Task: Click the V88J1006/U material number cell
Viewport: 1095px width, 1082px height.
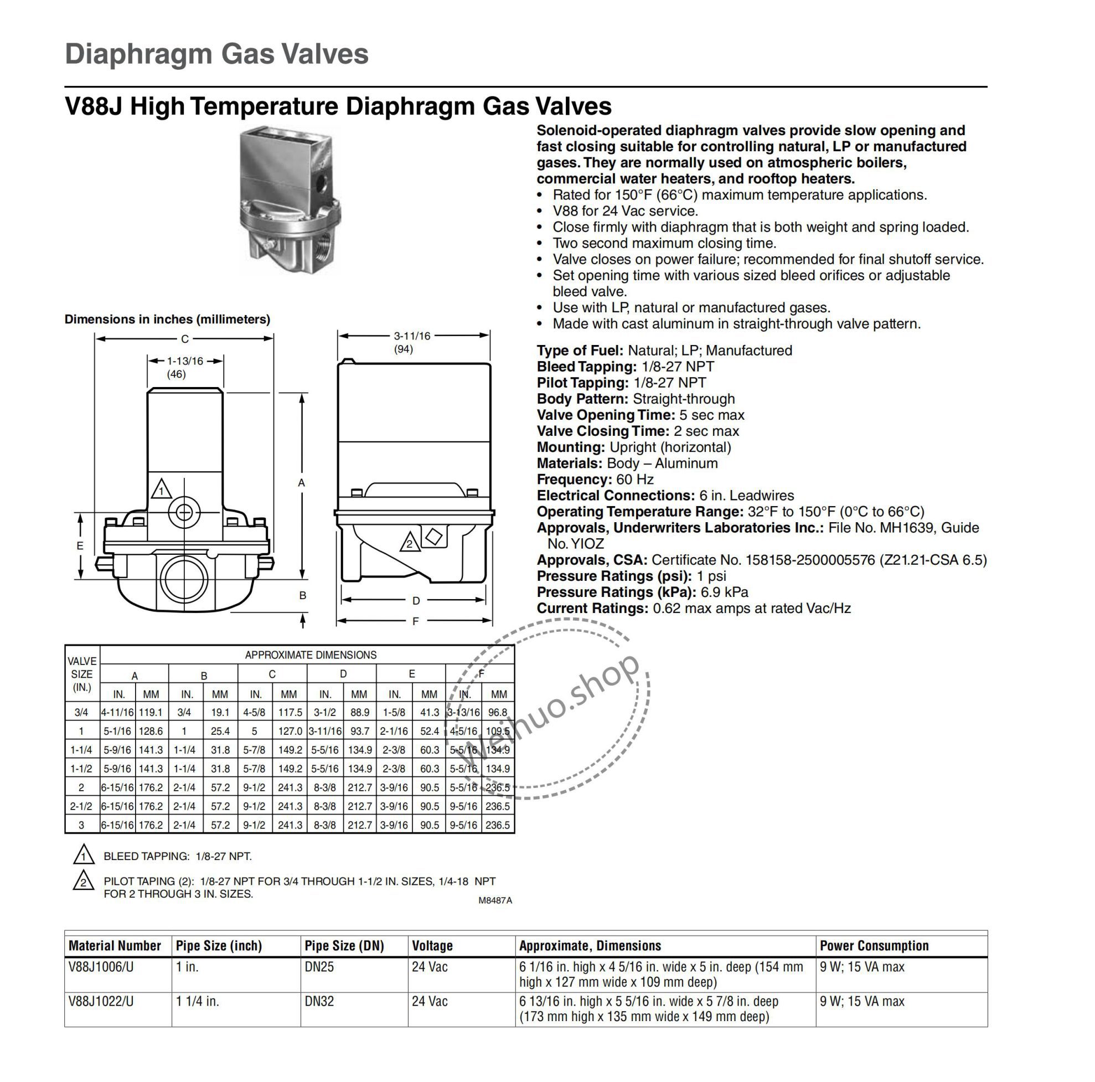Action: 101,966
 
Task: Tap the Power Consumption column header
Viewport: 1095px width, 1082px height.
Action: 874,945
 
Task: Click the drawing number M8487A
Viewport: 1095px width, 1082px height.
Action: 495,900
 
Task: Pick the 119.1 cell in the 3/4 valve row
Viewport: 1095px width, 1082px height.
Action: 151,712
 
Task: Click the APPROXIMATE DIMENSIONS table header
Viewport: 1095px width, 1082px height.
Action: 310,655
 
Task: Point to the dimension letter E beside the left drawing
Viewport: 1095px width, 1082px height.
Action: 80,546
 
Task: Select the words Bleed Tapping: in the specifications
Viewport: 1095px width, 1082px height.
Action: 587,367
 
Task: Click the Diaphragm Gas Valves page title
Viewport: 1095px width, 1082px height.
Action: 216,54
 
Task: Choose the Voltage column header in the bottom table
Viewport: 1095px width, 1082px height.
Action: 432,945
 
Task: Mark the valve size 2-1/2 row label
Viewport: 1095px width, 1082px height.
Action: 81,806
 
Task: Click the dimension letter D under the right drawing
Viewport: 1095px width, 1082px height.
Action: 416,600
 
